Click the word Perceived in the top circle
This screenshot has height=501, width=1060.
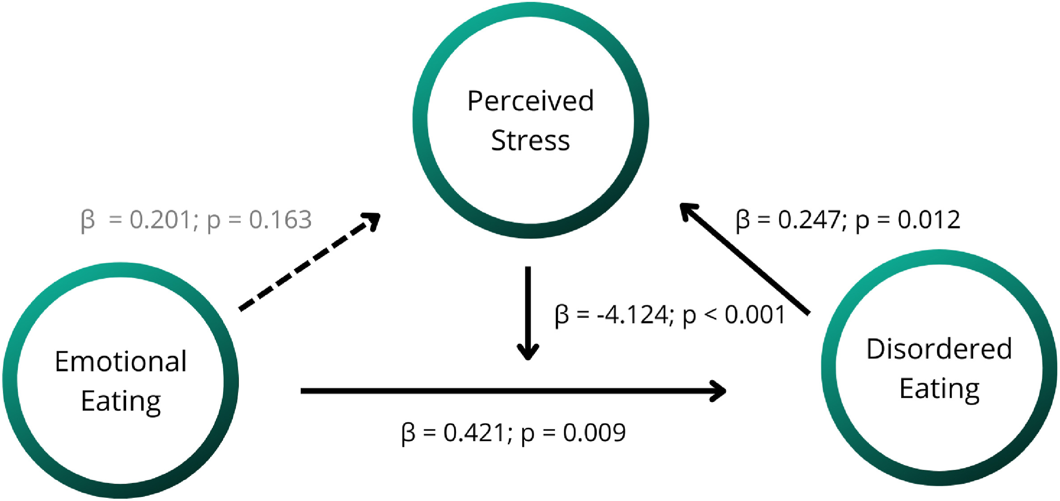[530, 101]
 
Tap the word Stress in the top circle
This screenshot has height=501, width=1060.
[530, 140]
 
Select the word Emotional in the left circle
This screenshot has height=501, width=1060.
[121, 361]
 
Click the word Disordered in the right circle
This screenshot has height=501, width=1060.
[939, 349]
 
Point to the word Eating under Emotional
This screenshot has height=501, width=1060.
[121, 401]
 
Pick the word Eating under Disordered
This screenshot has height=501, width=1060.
[939, 389]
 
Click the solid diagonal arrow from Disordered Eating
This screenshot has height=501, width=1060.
[744, 259]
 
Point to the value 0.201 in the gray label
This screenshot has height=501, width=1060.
[160, 220]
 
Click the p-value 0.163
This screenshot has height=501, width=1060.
[280, 220]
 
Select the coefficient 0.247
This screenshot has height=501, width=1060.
[809, 220]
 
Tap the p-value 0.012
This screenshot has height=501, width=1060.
[929, 220]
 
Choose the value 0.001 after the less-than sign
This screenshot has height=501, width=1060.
[755, 314]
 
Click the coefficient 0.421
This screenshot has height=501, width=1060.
[474, 433]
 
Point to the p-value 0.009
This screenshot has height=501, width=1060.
[594, 433]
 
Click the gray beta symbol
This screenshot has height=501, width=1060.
[88, 221]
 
